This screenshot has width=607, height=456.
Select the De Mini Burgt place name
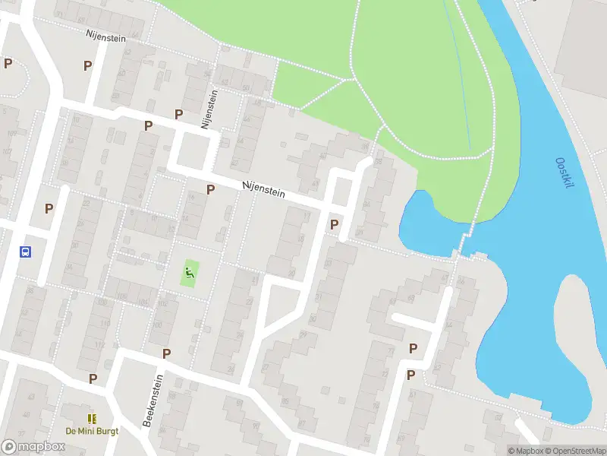[x=92, y=430]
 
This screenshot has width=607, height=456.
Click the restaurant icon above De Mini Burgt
[x=92, y=418]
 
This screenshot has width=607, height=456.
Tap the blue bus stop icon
[x=25, y=252]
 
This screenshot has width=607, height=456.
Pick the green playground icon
[x=190, y=271]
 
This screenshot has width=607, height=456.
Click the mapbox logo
[x=33, y=446]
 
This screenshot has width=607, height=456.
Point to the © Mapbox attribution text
[x=525, y=451]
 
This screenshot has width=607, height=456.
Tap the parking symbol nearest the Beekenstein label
[x=166, y=353]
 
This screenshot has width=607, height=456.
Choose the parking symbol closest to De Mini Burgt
[x=93, y=378]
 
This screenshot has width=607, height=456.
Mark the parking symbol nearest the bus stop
[x=49, y=208]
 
